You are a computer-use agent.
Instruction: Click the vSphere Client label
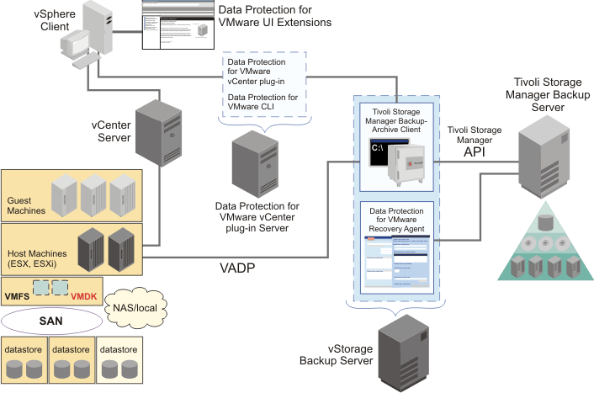[x=27, y=19]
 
